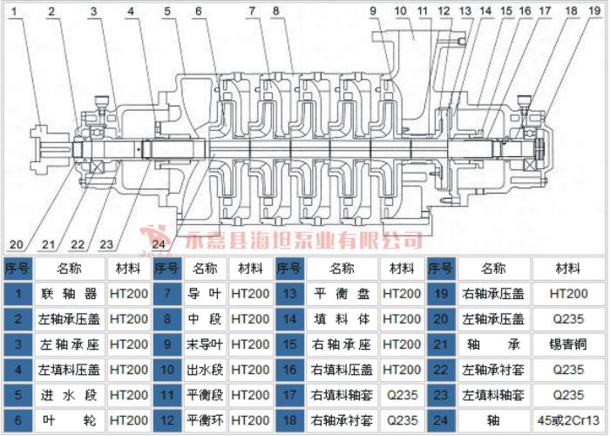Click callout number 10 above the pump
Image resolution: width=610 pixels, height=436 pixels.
tap(402, 11)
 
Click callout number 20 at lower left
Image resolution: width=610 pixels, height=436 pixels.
tap(17, 242)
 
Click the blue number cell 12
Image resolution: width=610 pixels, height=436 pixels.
tap(166, 421)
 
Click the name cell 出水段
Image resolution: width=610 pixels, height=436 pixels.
tap(204, 371)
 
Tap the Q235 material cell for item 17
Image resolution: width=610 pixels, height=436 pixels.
tap(402, 396)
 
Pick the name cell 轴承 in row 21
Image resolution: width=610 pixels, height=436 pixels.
tap(493, 371)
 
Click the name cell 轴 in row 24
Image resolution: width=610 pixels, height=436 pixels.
tap(493, 421)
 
